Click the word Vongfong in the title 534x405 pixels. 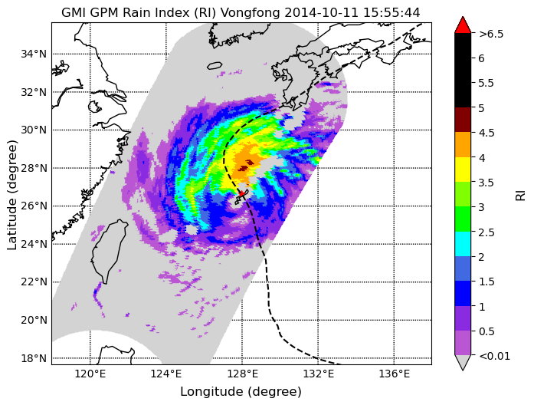[x=251, y=12]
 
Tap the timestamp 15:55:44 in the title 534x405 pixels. [x=391, y=12]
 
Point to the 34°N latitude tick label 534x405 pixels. [x=34, y=54]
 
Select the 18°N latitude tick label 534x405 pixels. [x=34, y=358]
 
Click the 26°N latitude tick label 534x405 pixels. [x=34, y=206]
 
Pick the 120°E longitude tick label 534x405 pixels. [x=90, y=374]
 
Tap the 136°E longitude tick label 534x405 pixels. [x=395, y=374]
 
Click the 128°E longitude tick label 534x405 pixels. [x=242, y=374]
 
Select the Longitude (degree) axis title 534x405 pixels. [x=241, y=391]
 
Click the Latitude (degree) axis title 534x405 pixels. [x=11, y=195]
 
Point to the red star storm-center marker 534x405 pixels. [x=241, y=193]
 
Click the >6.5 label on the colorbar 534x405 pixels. [x=491, y=34]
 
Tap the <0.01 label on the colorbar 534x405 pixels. [x=494, y=356]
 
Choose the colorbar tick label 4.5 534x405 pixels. [x=486, y=133]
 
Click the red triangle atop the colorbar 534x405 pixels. [x=463, y=25]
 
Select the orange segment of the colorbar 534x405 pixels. [x=463, y=144]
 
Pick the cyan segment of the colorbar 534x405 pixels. [x=463, y=244]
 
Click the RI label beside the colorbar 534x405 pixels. [x=520, y=196]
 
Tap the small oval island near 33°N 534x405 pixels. [x=215, y=65]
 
